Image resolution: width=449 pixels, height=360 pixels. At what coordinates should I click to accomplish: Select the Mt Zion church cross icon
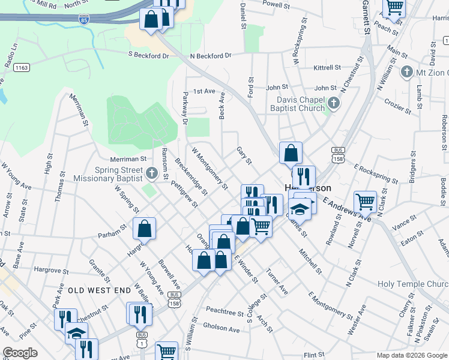point(406,73)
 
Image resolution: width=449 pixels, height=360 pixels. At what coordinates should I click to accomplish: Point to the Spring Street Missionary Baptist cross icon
point(151,174)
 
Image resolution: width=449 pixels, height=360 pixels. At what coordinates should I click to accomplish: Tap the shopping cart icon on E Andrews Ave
point(365,202)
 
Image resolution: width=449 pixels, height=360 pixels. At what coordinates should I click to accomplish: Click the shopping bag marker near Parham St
point(144,229)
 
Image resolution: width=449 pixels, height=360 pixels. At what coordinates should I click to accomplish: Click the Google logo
point(20,353)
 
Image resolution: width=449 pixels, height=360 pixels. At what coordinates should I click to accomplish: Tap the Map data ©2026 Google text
point(411,355)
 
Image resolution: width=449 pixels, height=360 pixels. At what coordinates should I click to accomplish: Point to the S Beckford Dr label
point(149,55)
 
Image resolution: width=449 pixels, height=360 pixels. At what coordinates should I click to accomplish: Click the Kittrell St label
point(327,68)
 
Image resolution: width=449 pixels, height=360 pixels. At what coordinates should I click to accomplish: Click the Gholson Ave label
point(221,328)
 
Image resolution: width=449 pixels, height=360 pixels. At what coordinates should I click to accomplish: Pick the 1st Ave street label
point(203,91)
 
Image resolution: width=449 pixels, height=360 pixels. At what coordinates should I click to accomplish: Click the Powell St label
point(277,4)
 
